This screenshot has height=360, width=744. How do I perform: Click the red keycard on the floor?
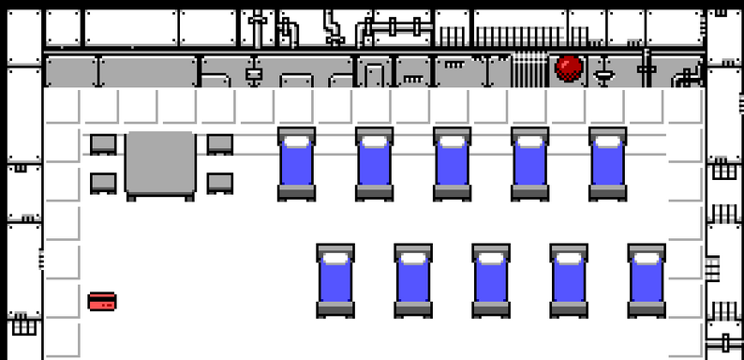tap(102, 302)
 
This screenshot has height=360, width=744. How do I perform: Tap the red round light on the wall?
tap(569, 67)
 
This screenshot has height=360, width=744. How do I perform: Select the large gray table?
tap(160, 165)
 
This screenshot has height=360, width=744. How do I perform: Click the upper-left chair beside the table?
tap(103, 144)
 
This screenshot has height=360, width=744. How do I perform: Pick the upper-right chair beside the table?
tap(219, 144)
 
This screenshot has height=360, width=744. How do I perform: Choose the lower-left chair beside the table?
tap(103, 183)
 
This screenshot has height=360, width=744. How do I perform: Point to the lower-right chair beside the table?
tap(219, 183)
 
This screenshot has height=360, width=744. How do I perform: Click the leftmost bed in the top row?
tap(296, 164)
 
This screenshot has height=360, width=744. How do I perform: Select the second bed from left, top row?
tap(374, 164)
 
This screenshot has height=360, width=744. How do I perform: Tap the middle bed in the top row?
tap(452, 164)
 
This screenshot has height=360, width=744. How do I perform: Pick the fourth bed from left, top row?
tap(529, 164)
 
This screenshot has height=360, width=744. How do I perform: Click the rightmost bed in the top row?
tap(607, 164)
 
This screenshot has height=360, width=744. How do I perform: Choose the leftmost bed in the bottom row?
tap(335, 280)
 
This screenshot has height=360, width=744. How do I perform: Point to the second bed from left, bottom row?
tap(413, 280)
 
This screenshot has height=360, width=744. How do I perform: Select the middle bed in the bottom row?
tap(491, 280)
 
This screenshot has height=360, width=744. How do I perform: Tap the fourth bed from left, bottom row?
tap(569, 280)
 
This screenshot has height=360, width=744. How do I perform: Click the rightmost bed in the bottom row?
tap(647, 280)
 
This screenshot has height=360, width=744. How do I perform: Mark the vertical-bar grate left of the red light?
tap(529, 69)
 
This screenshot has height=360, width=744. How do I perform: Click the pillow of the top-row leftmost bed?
tap(296, 141)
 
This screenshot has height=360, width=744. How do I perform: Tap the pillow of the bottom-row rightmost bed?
tap(647, 257)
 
